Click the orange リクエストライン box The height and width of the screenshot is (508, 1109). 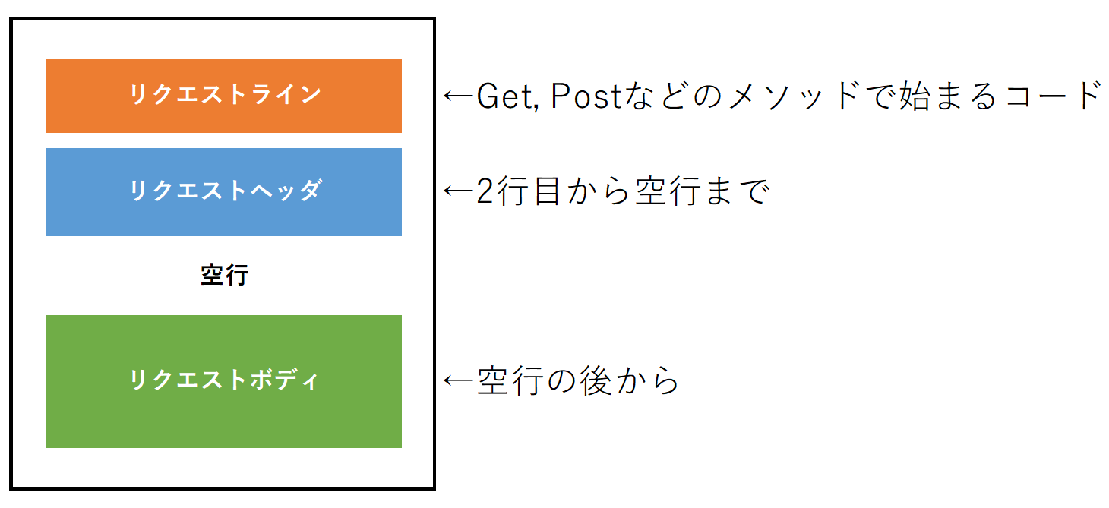(223, 96)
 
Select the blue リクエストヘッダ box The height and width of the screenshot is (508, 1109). (223, 192)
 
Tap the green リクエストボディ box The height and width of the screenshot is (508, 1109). (223, 381)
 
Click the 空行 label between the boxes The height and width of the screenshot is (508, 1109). (224, 276)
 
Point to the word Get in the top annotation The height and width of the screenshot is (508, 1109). (506, 96)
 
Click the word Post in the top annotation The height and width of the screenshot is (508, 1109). (586, 96)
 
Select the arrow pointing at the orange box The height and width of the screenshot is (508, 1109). (459, 95)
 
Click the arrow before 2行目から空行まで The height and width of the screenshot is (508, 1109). (459, 190)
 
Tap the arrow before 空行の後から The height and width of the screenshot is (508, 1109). (459, 380)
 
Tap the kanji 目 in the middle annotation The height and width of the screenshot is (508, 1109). (547, 191)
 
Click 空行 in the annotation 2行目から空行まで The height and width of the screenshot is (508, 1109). (668, 191)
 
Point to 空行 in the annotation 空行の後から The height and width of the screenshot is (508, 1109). (510, 380)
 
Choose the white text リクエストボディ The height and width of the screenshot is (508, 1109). (224, 379)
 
